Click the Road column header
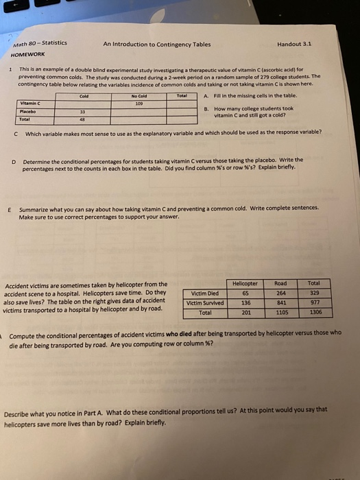pos(280,282)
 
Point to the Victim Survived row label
pos(205,302)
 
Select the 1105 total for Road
pos(280,311)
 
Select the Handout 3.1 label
pos(294,43)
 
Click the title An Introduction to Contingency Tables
pos(157,43)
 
